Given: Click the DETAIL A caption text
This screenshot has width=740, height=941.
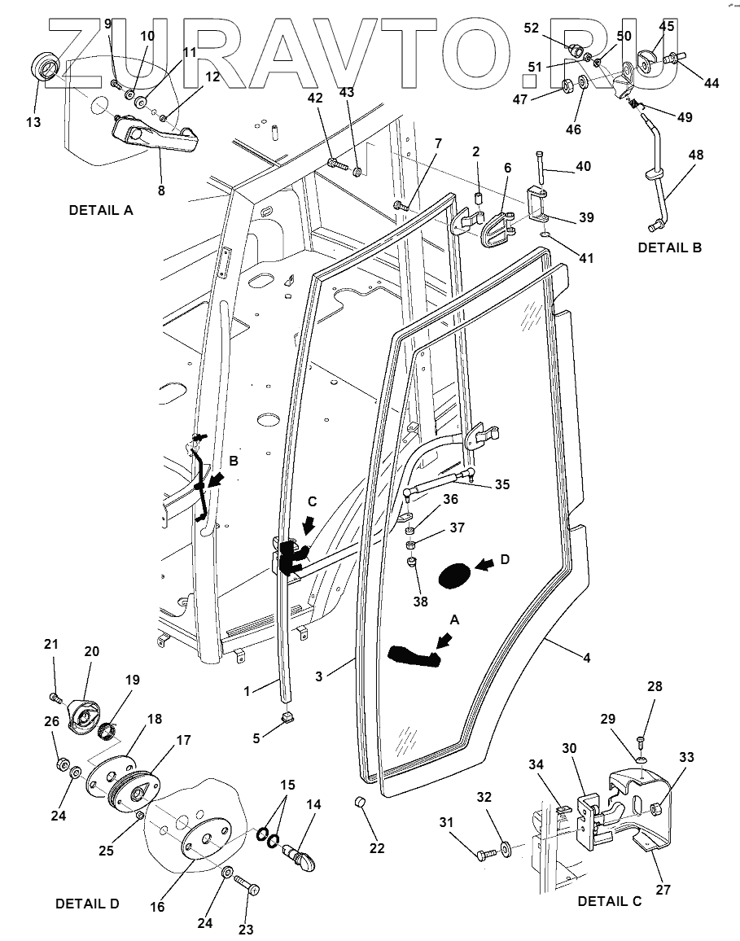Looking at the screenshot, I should [101, 210].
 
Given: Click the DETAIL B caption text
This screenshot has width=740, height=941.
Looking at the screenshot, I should [669, 247].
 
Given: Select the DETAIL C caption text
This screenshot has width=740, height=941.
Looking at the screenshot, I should [610, 901].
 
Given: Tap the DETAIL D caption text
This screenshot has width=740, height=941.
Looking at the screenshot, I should [87, 904].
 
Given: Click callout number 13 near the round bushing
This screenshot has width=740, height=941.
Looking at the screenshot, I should [33, 122].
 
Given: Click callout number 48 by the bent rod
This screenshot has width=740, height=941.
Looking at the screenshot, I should [696, 155].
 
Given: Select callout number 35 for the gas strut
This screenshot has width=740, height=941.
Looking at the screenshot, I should [502, 484].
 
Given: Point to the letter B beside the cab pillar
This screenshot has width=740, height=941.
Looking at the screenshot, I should [234, 461].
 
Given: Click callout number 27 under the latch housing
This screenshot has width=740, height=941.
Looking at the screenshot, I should [663, 890].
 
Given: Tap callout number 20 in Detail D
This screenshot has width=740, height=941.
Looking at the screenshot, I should [91, 652].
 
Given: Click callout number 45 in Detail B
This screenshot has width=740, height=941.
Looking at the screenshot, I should [667, 26].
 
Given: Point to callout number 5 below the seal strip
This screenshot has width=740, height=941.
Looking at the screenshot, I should [257, 738].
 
